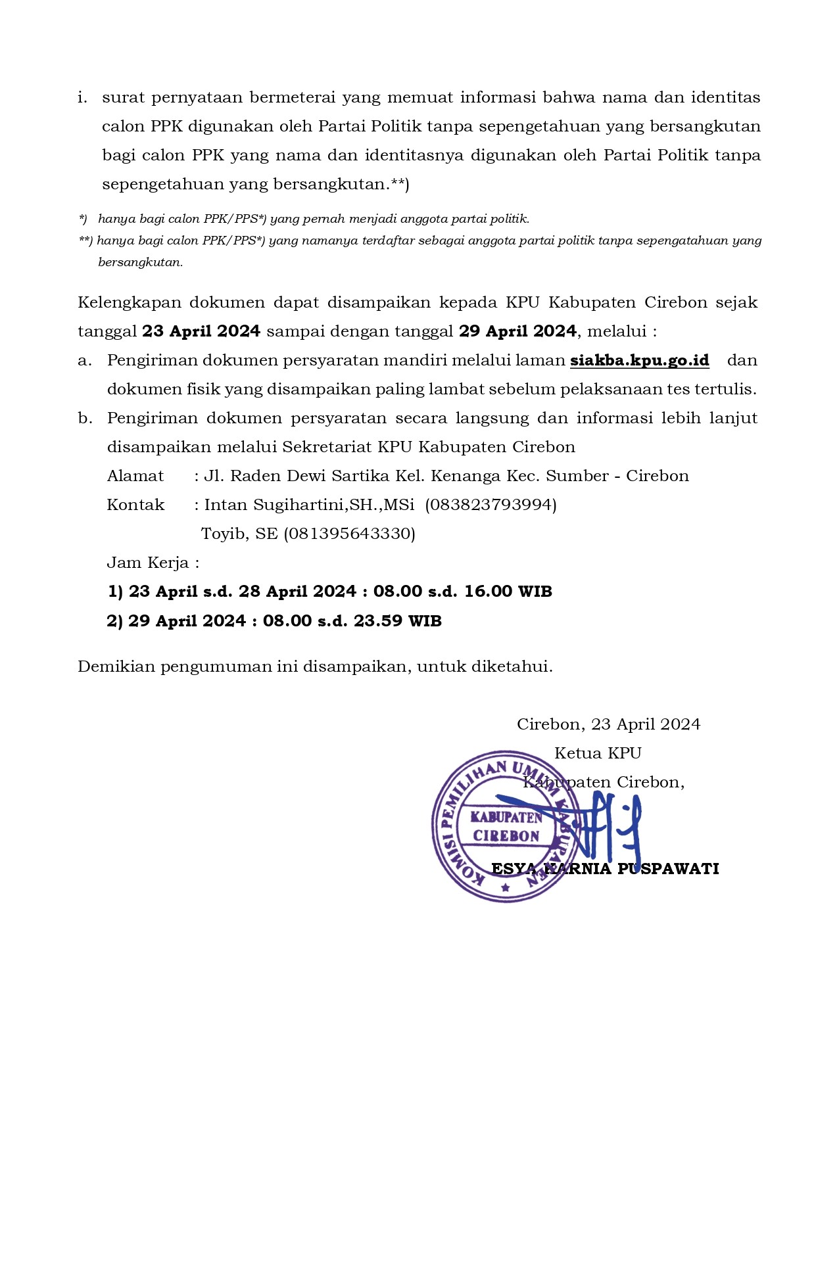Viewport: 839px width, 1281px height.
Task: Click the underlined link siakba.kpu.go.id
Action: (x=639, y=360)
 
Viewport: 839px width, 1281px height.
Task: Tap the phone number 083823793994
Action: (x=491, y=505)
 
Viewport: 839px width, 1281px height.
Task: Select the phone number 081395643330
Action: (x=349, y=534)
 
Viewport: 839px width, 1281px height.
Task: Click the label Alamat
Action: (x=135, y=476)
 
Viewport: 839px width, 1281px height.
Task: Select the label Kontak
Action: (x=135, y=505)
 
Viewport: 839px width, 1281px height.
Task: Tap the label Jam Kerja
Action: (x=151, y=563)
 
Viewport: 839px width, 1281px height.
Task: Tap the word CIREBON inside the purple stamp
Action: (x=506, y=836)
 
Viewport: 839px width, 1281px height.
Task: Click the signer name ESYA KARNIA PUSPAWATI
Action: (x=605, y=869)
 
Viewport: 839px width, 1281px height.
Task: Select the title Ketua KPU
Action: (x=597, y=753)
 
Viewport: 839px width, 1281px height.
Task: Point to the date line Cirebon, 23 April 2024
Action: (x=608, y=724)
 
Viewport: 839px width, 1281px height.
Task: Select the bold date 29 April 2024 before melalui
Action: (x=517, y=331)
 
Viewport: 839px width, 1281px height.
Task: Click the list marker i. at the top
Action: (x=82, y=98)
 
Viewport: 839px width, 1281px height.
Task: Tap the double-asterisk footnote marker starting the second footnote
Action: (x=85, y=241)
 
